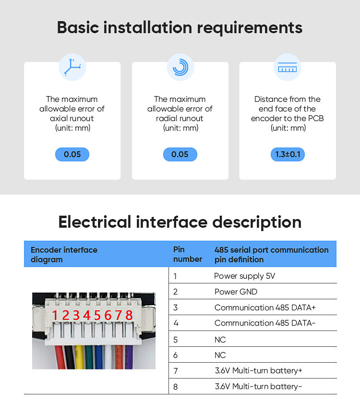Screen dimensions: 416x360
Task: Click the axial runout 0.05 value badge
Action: click(x=72, y=154)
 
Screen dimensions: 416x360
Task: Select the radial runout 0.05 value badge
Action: click(x=180, y=154)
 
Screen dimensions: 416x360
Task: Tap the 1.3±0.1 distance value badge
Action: click(x=288, y=154)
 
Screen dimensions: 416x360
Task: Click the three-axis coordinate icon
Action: click(x=72, y=67)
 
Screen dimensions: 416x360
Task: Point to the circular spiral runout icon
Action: click(x=180, y=67)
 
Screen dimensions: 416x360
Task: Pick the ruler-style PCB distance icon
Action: click(x=288, y=67)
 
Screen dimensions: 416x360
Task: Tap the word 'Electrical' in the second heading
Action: click(x=95, y=222)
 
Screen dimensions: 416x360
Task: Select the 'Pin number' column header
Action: click(x=187, y=254)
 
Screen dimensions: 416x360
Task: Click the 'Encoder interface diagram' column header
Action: click(x=64, y=254)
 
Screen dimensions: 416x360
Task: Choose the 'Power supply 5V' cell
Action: click(x=244, y=276)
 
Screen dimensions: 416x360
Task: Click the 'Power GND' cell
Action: click(x=236, y=292)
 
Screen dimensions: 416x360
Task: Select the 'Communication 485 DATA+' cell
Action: click(x=265, y=307)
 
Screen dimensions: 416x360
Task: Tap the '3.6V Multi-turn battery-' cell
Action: click(x=258, y=386)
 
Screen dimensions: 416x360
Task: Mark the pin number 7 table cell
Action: click(x=175, y=370)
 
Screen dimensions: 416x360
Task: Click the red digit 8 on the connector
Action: click(x=129, y=315)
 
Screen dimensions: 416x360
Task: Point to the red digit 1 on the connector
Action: click(x=55, y=315)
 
